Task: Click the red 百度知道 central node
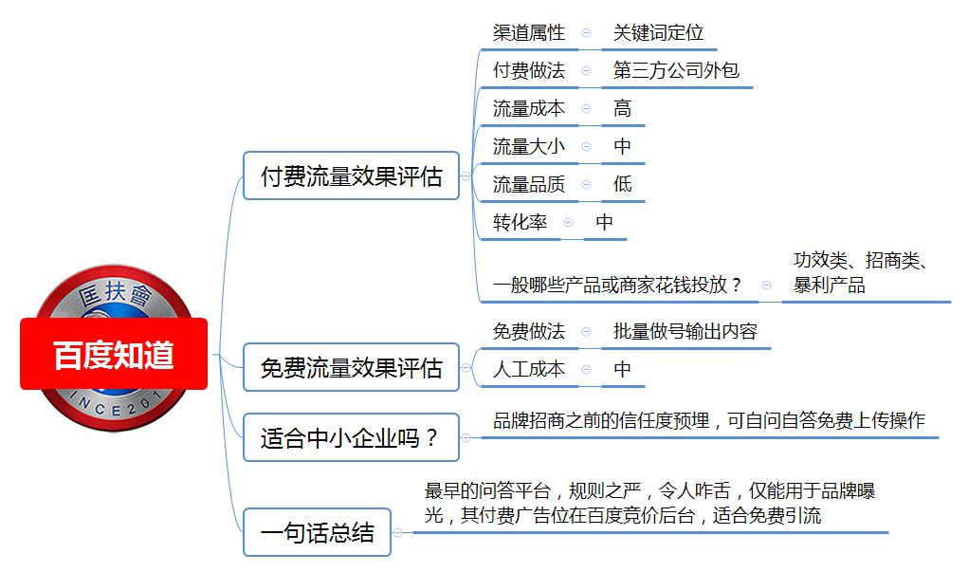[114, 354]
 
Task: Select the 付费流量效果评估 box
[352, 176]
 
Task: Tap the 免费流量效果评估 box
[352, 367]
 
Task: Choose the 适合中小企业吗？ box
[352, 438]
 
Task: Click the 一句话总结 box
[318, 532]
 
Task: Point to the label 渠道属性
[528, 32]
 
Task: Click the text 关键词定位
[658, 32]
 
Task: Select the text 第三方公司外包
[676, 70]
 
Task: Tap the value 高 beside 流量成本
[622, 108]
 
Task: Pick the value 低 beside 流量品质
[622, 183]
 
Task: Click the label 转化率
[520, 222]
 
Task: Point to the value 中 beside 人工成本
[622, 369]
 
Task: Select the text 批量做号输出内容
[685, 331]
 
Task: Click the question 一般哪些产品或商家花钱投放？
[617, 285]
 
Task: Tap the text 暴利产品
[829, 285]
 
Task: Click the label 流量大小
[528, 146]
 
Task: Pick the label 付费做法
[528, 70]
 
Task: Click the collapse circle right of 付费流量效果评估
[466, 176]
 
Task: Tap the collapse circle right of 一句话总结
[397, 532]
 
